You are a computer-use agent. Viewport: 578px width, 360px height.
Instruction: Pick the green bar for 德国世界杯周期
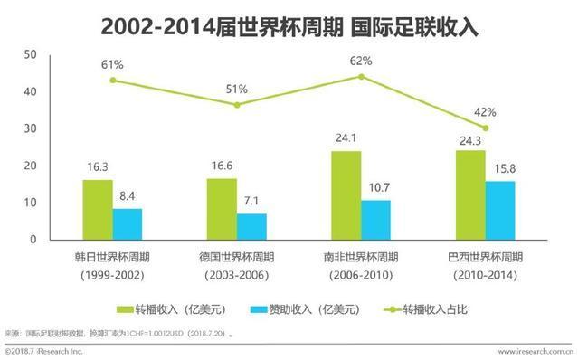(222, 209)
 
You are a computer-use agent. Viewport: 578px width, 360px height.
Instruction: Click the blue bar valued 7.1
(251, 226)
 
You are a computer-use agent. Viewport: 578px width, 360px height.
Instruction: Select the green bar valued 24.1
(346, 195)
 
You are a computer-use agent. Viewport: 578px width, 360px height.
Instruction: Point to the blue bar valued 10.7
(375, 220)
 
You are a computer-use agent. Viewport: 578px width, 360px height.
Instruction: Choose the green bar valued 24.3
(469, 194)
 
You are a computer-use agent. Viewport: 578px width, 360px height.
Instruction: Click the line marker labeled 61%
(113, 80)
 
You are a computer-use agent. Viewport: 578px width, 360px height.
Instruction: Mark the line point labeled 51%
(237, 105)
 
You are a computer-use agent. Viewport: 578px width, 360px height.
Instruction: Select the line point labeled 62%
(361, 76)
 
